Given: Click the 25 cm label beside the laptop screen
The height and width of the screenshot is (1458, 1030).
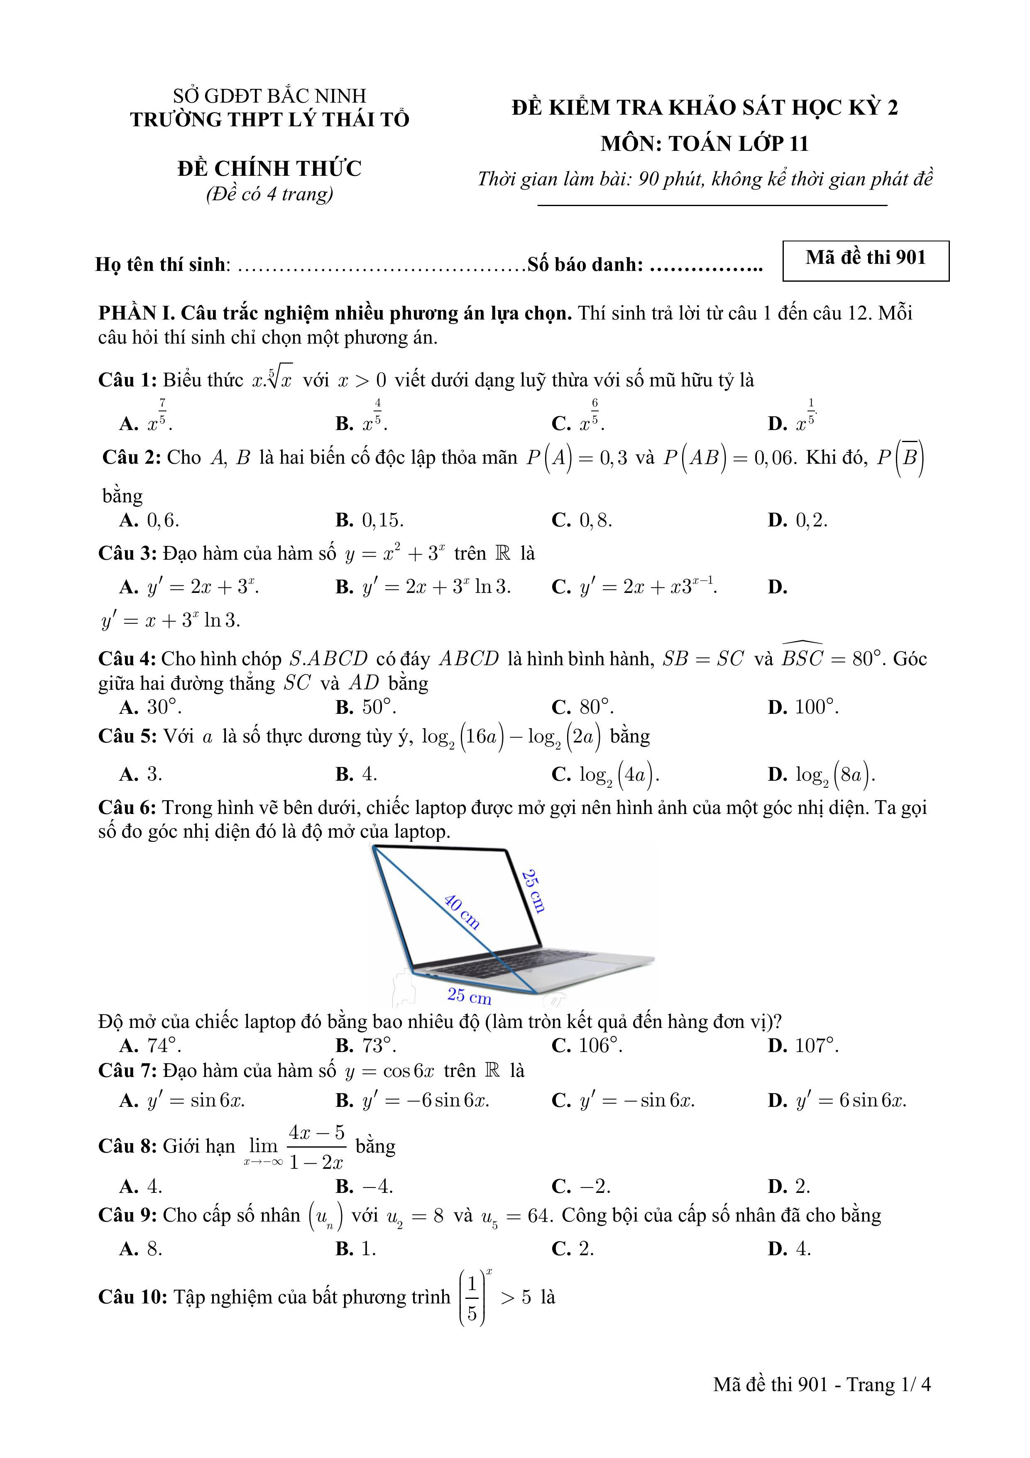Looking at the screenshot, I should click(533, 891).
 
